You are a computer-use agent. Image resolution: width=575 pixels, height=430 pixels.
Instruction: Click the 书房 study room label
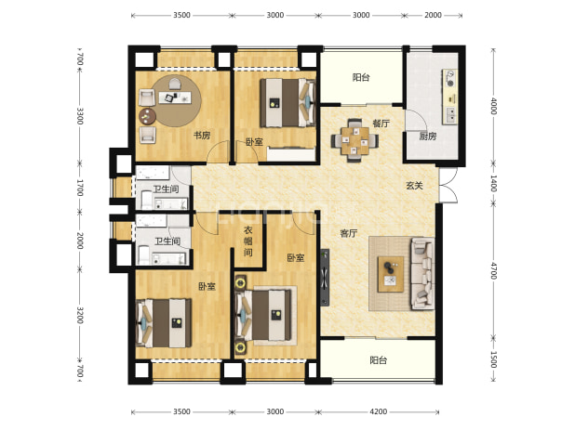202,136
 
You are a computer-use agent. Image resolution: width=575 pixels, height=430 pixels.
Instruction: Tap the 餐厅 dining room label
381,124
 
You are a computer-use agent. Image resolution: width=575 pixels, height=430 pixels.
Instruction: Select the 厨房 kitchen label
428,137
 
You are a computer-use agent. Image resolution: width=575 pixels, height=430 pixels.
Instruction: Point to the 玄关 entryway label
414,186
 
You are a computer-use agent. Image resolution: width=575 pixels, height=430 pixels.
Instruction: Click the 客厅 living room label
348,233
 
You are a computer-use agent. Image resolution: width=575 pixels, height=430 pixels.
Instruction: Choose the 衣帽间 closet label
248,241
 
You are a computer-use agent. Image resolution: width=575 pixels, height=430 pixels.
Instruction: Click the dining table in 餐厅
354,140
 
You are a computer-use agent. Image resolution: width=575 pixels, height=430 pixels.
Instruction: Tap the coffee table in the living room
391,274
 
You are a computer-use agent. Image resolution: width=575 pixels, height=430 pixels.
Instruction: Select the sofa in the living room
422,274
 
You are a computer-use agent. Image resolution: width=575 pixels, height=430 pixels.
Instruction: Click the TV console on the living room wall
324,278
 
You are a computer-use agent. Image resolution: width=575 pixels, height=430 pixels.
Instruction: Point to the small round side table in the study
147,116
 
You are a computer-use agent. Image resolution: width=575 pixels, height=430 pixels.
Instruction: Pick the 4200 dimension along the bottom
378,411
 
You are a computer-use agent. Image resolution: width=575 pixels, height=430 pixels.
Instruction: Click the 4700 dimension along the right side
494,271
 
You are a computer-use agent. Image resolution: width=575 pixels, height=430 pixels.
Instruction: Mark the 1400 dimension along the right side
494,184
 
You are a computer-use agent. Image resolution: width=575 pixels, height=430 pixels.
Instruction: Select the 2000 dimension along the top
433,15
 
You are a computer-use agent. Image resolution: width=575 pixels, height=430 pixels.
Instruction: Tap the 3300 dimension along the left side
80,116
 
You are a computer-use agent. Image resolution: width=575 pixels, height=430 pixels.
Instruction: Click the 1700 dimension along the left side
80,188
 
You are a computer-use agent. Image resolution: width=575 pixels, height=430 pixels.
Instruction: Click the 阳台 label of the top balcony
361,77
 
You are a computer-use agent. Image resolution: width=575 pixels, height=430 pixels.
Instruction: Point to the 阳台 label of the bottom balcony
378,360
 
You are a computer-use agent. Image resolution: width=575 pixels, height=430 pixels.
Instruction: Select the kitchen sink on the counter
451,114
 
